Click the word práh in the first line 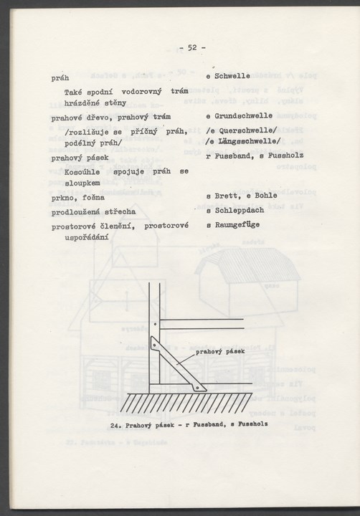pyautogui.click(x=60, y=76)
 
